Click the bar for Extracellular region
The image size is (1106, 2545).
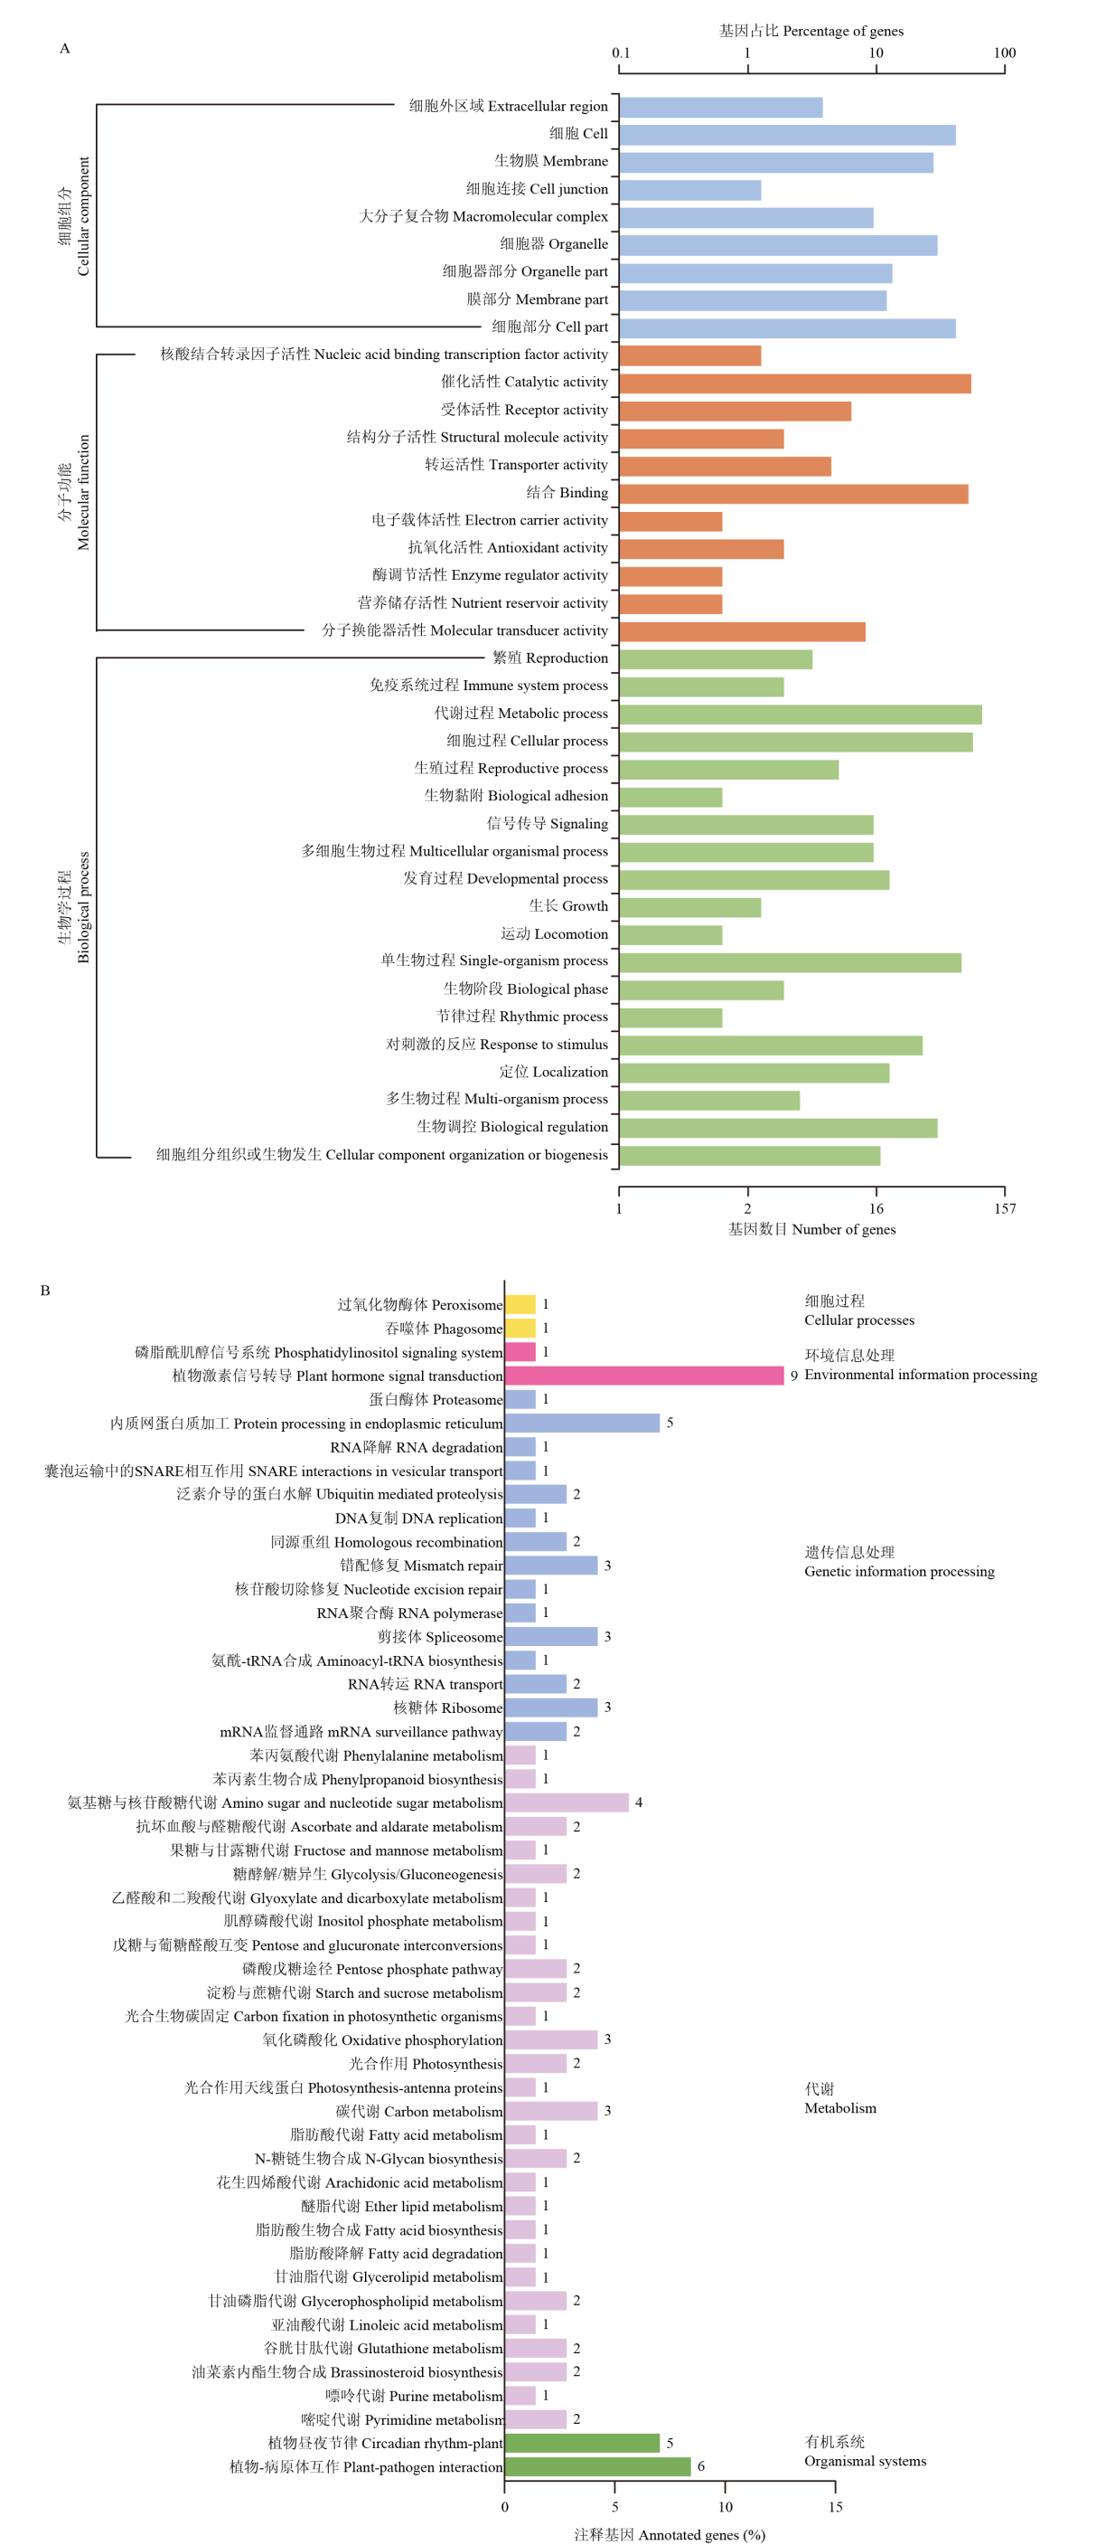(721, 108)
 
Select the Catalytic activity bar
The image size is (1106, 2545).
(795, 383)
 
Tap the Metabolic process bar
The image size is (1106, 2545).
(800, 714)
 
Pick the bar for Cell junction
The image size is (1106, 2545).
(690, 190)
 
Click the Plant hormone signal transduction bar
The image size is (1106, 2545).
(644, 1376)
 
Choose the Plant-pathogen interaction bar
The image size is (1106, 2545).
(597, 2466)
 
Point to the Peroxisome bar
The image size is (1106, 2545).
(520, 1304)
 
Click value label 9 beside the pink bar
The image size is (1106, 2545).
(794, 1376)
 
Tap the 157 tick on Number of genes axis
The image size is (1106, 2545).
(1004, 1208)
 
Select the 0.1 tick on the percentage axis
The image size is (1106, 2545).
(620, 53)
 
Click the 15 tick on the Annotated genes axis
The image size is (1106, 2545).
(836, 2506)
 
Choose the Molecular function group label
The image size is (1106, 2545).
(74, 492)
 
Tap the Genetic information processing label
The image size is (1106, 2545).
(898, 1562)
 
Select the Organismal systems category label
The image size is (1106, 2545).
(864, 2451)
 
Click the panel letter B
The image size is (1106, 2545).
(44, 1291)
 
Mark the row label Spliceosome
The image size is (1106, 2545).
(439, 1637)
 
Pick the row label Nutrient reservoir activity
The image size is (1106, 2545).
(483, 602)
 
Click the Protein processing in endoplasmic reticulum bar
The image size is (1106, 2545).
(582, 1423)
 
